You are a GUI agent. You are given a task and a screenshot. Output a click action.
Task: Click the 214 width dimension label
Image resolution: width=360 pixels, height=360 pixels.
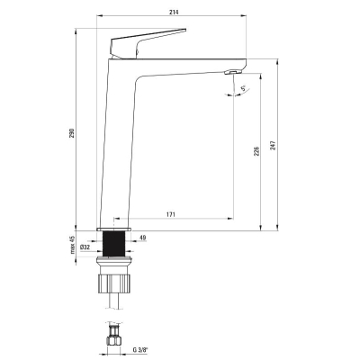(174, 12)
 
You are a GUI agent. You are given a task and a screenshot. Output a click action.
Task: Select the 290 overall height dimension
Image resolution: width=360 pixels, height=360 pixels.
(72, 133)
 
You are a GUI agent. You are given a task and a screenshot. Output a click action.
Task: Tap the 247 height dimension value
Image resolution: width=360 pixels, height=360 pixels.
(273, 145)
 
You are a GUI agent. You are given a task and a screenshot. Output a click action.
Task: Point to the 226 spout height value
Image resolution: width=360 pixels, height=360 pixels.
(256, 151)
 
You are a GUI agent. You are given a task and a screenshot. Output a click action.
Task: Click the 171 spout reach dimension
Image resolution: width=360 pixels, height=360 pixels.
(170, 214)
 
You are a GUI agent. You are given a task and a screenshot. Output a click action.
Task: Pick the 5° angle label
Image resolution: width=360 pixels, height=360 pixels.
(244, 88)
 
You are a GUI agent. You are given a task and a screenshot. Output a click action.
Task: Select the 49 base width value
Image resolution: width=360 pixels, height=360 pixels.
(143, 238)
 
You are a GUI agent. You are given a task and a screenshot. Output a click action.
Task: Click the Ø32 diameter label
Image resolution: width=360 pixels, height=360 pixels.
(85, 247)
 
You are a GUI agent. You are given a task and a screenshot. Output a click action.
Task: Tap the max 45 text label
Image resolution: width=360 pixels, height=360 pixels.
(72, 245)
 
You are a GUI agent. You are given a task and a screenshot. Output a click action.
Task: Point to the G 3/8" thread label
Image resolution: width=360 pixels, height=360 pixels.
(140, 349)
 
